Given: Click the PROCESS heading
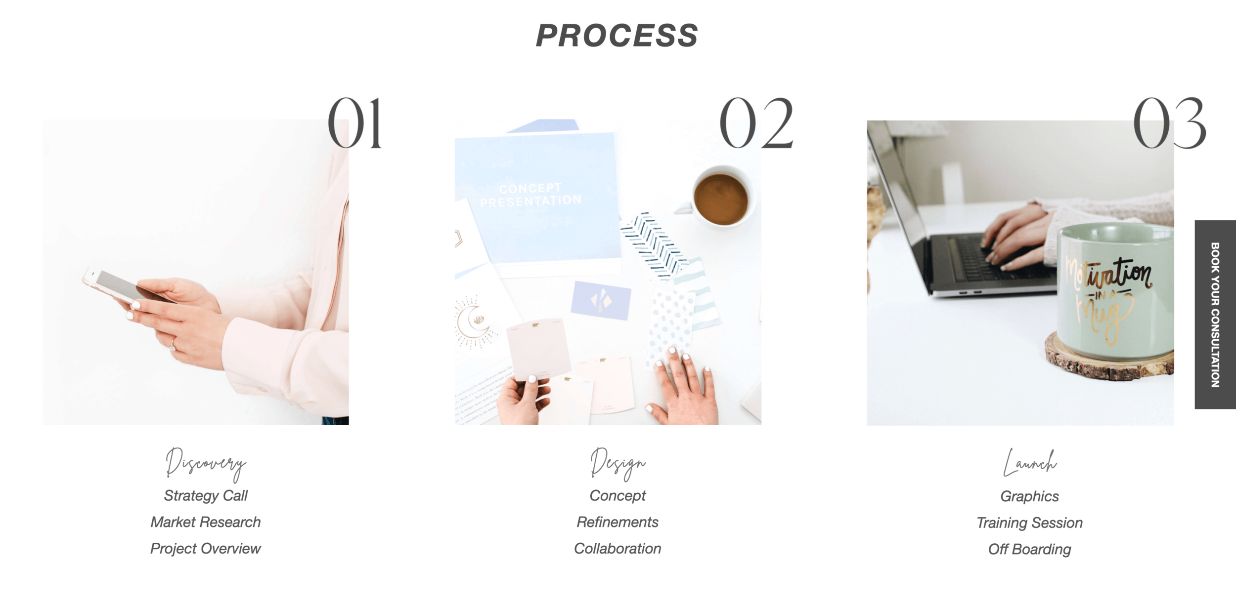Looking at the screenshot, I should click(617, 36).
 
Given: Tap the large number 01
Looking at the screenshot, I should click(354, 123).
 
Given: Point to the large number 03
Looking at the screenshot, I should click(1169, 123).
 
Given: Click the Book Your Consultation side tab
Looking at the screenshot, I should click(1215, 314).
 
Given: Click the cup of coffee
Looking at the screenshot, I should click(721, 199).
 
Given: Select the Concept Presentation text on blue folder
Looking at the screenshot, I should click(530, 195).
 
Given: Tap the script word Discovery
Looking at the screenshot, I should click(205, 464).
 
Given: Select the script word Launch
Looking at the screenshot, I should click(1029, 463).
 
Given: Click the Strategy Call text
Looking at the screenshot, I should click(205, 495).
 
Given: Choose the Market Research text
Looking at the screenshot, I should click(205, 522).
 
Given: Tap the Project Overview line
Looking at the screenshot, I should click(205, 549).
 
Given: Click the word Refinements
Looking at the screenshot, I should click(617, 522).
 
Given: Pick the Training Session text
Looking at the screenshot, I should click(1029, 523).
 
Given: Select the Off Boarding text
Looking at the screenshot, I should click(1029, 549).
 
